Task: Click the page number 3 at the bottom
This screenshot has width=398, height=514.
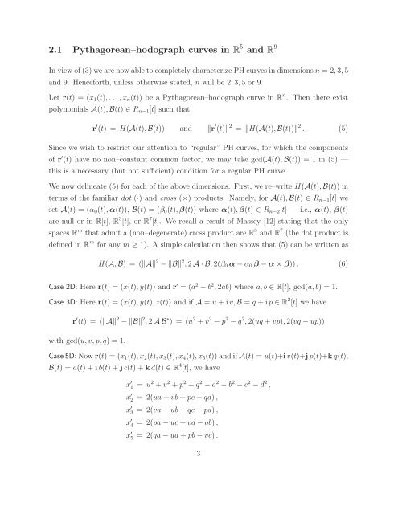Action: (198, 498)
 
